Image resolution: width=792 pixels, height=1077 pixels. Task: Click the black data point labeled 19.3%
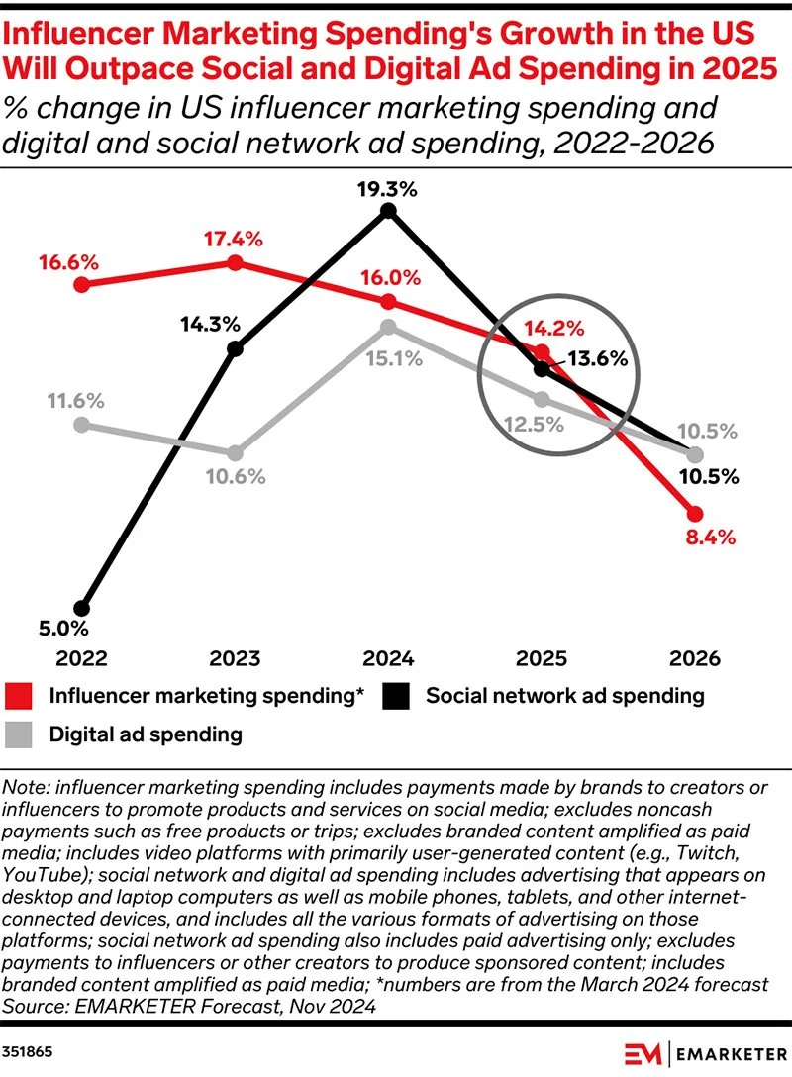388,210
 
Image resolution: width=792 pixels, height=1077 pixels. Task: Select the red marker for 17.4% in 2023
235,262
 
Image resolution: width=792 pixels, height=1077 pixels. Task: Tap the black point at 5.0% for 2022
82,608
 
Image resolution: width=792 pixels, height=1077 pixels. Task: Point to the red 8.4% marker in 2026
695,513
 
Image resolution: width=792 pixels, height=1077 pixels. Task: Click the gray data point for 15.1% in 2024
388,327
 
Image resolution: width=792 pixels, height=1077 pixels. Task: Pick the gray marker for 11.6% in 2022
82,425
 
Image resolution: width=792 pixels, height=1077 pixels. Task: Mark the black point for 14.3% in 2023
235,348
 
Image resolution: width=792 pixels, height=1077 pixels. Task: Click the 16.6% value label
68,262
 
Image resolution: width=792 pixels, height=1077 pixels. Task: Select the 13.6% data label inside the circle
598,358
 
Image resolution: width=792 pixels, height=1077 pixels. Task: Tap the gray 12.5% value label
534,425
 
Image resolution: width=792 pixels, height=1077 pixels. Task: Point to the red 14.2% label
554,329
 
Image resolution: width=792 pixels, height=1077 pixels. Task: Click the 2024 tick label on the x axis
388,658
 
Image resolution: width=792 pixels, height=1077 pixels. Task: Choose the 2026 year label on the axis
695,658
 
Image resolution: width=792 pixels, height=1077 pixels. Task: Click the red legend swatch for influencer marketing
19,696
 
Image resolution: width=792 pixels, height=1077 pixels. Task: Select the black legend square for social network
396,696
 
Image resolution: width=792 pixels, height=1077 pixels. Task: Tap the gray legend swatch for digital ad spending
19,734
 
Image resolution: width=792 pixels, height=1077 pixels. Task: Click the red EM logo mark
643,1053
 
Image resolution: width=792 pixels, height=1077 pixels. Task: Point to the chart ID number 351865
27,1052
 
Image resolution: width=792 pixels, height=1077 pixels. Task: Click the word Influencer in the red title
75,34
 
